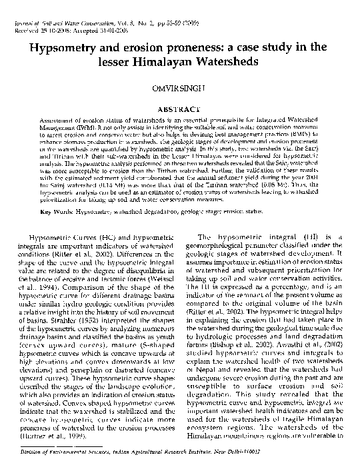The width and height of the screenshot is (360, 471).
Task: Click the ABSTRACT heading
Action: click(x=181, y=109)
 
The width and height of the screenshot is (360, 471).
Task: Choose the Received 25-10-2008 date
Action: click(x=37, y=30)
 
